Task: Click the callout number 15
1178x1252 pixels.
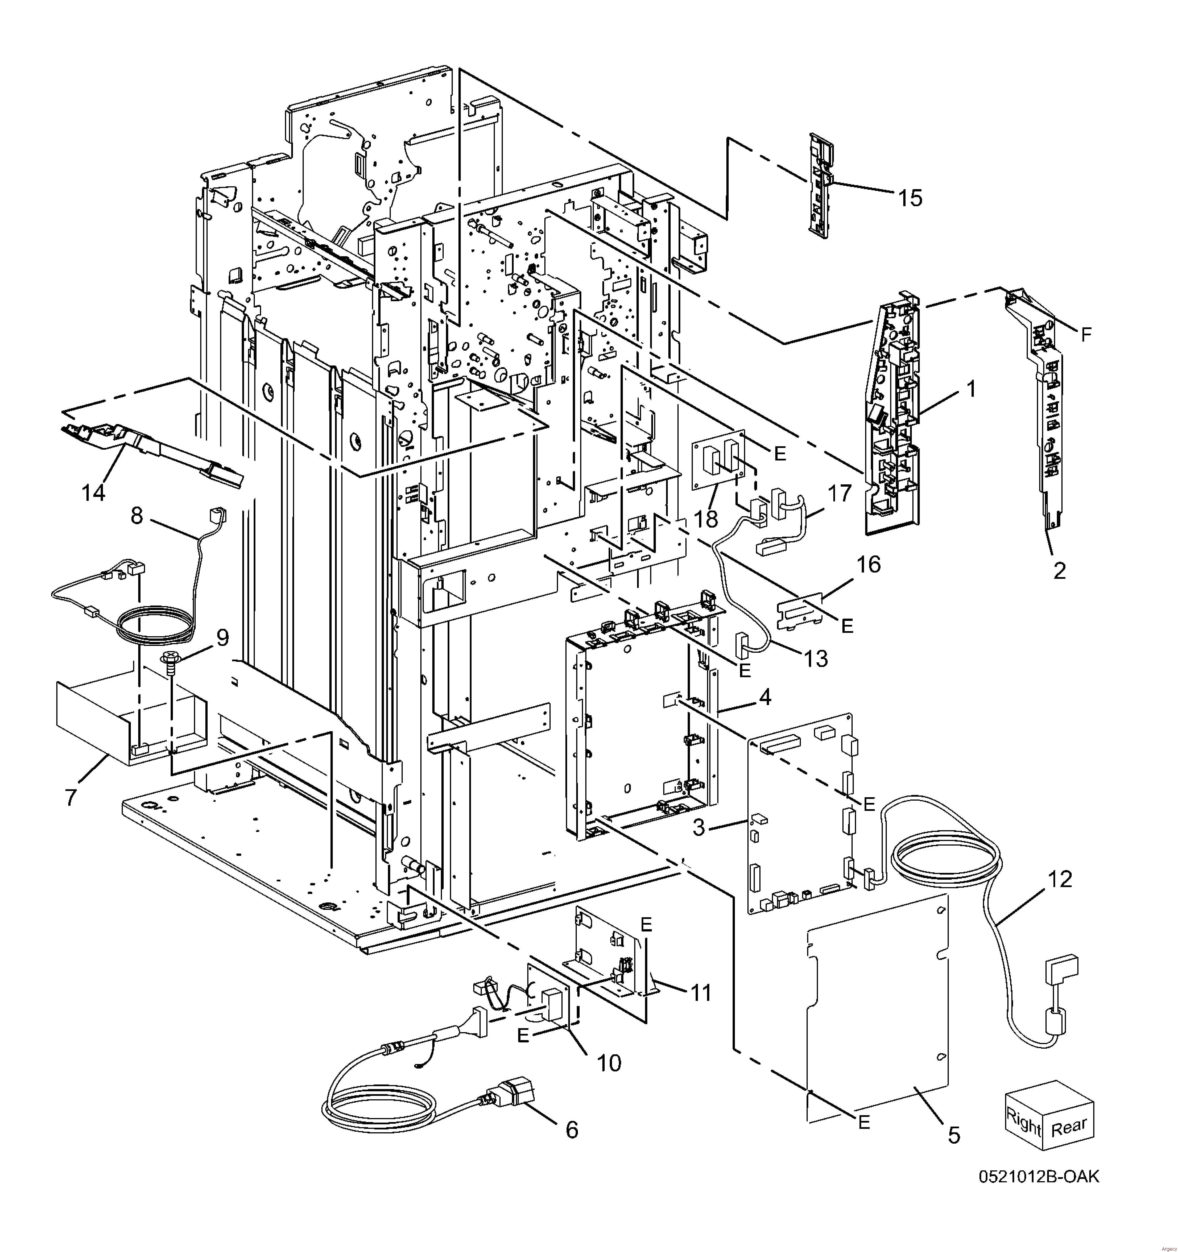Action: point(910,199)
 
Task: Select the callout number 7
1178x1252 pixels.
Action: point(71,797)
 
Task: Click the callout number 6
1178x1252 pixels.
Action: point(571,1131)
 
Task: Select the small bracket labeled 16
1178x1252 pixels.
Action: point(800,610)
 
